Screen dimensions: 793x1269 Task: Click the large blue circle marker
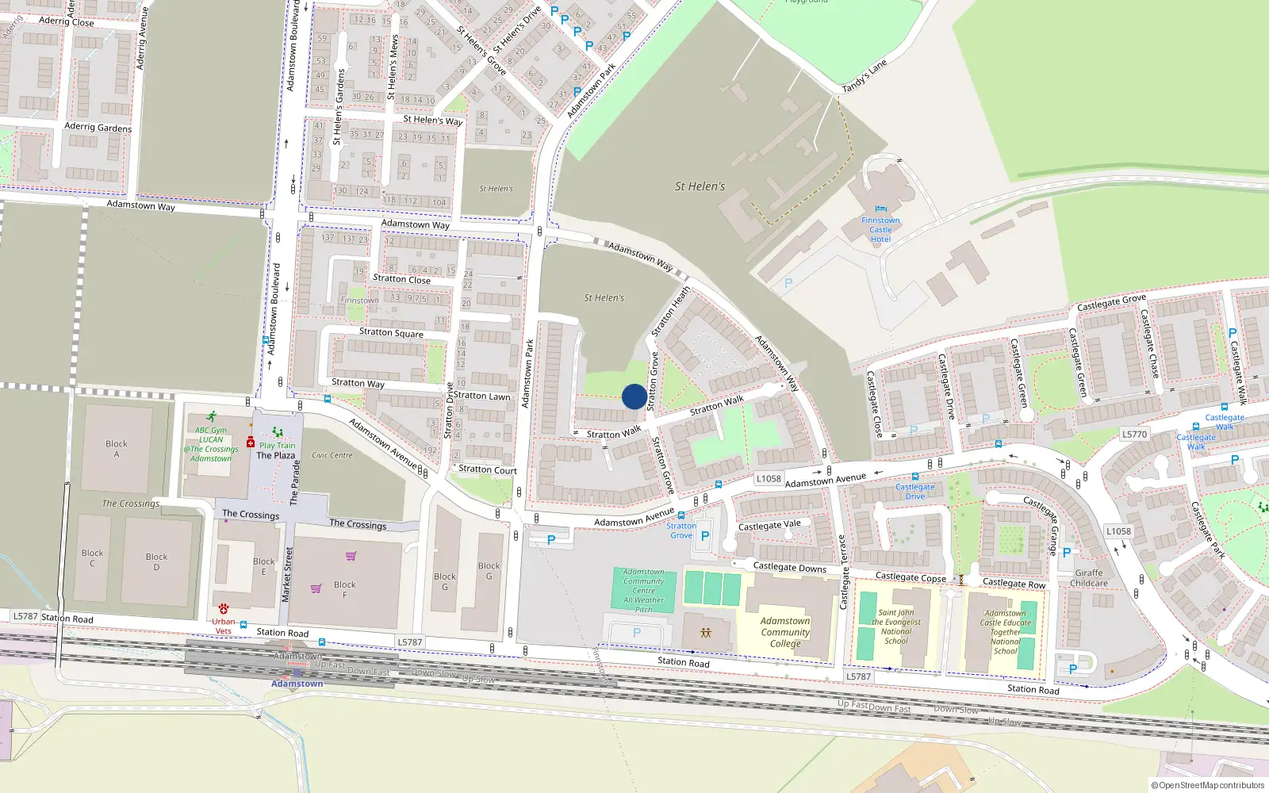[x=634, y=396]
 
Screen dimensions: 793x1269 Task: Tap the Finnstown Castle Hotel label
[x=880, y=230]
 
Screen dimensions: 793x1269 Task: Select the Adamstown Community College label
[x=785, y=632]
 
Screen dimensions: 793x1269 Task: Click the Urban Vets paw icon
[x=224, y=609]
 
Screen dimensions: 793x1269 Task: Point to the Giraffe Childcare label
[x=1089, y=578]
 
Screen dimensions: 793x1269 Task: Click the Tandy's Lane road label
[x=865, y=76]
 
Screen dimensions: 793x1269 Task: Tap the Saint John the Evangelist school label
[x=896, y=626]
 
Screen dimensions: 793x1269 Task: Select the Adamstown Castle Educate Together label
[x=1005, y=631]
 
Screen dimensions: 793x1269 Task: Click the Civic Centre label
[x=332, y=455]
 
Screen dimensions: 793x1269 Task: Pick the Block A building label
[x=117, y=449]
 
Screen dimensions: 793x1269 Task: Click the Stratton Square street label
[x=391, y=332]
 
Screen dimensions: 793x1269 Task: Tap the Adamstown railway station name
[x=297, y=684]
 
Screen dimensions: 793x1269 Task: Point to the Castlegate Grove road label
[x=1111, y=303]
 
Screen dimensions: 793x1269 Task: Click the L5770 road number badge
[x=1134, y=435]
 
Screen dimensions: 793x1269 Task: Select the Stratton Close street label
[x=401, y=279]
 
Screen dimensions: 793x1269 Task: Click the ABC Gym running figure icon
[x=212, y=416]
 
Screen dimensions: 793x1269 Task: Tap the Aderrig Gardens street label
[x=98, y=127]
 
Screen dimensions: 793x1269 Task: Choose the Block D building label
[x=156, y=561]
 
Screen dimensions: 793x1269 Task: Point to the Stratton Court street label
[x=488, y=469]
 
